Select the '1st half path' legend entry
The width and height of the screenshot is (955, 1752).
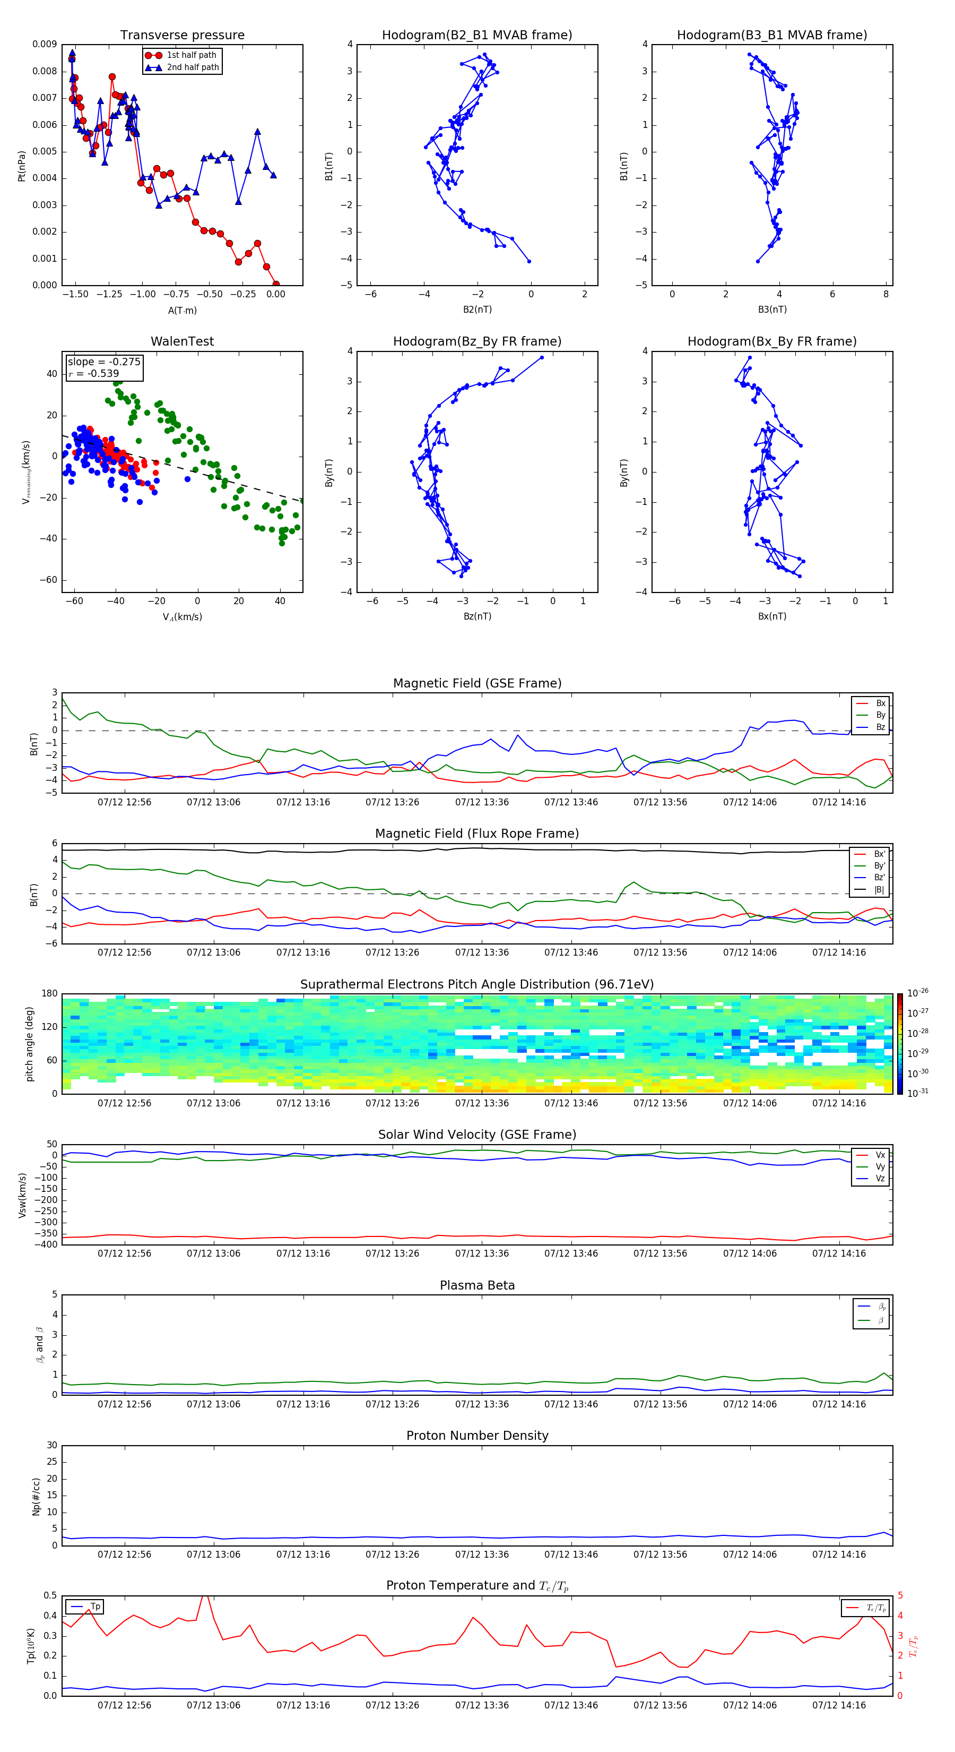pyautogui.click(x=191, y=55)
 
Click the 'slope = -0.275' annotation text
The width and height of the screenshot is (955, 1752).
pyautogui.click(x=104, y=362)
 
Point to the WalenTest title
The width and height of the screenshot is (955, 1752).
pyautogui.click(x=182, y=341)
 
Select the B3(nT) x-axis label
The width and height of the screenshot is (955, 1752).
pyautogui.click(x=772, y=310)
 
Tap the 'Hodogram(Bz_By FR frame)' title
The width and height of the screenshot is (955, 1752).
pyautogui.click(x=476, y=341)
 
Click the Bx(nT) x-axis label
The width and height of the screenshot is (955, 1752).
pyautogui.click(x=772, y=616)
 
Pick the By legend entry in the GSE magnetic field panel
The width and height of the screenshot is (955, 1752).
pyautogui.click(x=880, y=715)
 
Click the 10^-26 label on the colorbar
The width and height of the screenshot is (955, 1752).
pyautogui.click(x=917, y=993)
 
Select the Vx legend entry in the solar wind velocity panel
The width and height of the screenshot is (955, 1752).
pyautogui.click(x=880, y=1155)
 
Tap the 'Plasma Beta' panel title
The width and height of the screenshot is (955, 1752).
pyautogui.click(x=476, y=1285)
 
